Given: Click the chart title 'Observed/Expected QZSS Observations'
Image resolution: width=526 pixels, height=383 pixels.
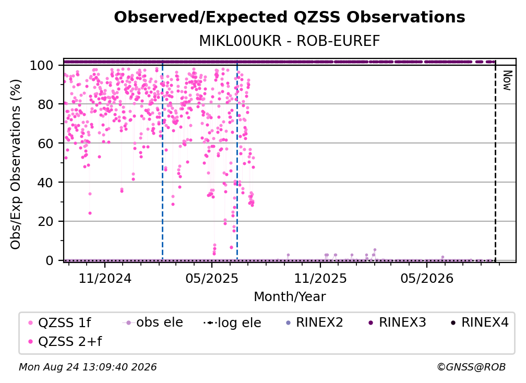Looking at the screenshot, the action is point(290,17).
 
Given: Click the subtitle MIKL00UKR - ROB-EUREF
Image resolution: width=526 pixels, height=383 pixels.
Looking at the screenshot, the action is point(290,41).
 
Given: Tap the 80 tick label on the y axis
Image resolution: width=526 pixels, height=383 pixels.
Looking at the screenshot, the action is point(45,104).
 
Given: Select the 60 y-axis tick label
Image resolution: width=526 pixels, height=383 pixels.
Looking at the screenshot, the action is point(45,143).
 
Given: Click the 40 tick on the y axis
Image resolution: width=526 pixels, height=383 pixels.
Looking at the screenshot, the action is point(45,183).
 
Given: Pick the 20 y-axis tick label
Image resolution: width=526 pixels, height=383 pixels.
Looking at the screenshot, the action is point(45,222).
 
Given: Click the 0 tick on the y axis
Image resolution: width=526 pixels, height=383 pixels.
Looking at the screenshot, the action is point(49,260).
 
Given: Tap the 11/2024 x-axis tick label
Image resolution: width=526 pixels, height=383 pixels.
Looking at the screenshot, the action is point(105,278).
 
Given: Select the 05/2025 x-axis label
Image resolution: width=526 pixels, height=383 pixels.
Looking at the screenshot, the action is point(212,278).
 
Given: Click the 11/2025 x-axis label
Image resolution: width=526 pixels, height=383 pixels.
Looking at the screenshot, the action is point(320,278).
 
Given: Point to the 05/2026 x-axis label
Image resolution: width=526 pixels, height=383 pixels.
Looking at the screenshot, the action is point(427,278).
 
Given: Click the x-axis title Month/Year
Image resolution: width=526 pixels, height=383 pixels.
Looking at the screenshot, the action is point(290,297).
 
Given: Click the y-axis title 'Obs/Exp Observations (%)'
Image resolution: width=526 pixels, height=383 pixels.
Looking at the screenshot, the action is point(16,164).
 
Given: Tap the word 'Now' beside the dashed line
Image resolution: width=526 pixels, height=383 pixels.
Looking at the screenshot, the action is point(507,80).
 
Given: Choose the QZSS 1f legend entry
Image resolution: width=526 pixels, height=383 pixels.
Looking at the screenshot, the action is point(59,322).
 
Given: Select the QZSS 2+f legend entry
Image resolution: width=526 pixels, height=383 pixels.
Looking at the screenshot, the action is point(65,341).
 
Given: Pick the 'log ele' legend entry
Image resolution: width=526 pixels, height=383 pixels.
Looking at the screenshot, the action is point(233,322).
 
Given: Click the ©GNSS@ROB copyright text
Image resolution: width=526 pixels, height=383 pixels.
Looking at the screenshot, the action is point(471,367).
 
